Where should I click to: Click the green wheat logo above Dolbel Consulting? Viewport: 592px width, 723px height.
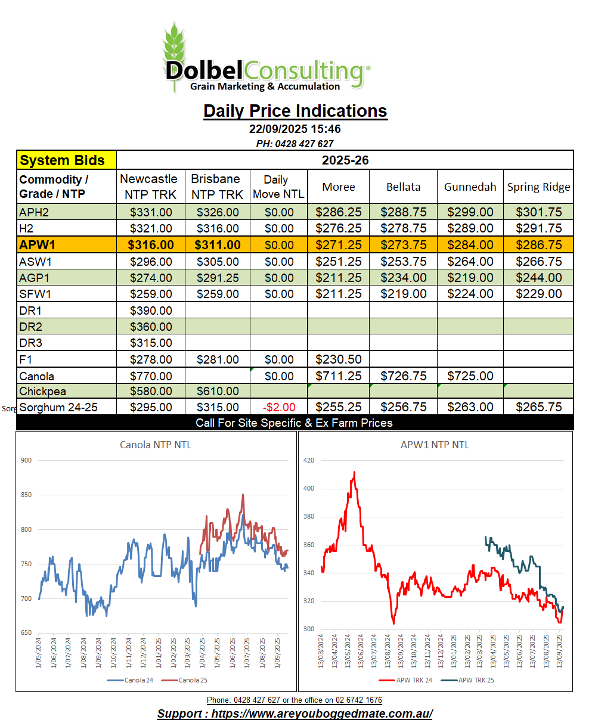[175, 45]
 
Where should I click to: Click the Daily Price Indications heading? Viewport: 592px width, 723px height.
[295, 111]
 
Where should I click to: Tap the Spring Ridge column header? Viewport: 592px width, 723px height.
[538, 187]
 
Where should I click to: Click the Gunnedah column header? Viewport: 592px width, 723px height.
[470, 187]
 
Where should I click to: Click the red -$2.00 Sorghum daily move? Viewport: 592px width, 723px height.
[278, 407]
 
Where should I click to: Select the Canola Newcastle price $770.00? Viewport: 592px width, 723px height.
[151, 376]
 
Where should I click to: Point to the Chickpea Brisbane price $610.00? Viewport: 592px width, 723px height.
[217, 392]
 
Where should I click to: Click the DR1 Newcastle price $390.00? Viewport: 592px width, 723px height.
[151, 311]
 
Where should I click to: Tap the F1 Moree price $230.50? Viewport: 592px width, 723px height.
[338, 359]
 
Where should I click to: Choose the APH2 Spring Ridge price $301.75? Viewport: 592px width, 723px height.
[538, 212]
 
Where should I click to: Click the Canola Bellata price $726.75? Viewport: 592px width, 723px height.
[403, 376]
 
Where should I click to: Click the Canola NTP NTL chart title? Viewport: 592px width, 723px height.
[156, 445]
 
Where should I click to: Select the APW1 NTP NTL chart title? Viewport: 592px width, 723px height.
[436, 445]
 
